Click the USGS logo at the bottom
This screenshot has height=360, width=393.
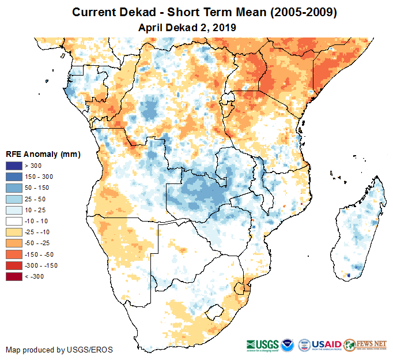[264, 344]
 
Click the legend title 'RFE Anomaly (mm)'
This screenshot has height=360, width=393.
[43, 154]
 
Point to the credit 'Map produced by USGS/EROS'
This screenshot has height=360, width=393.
[59, 350]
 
